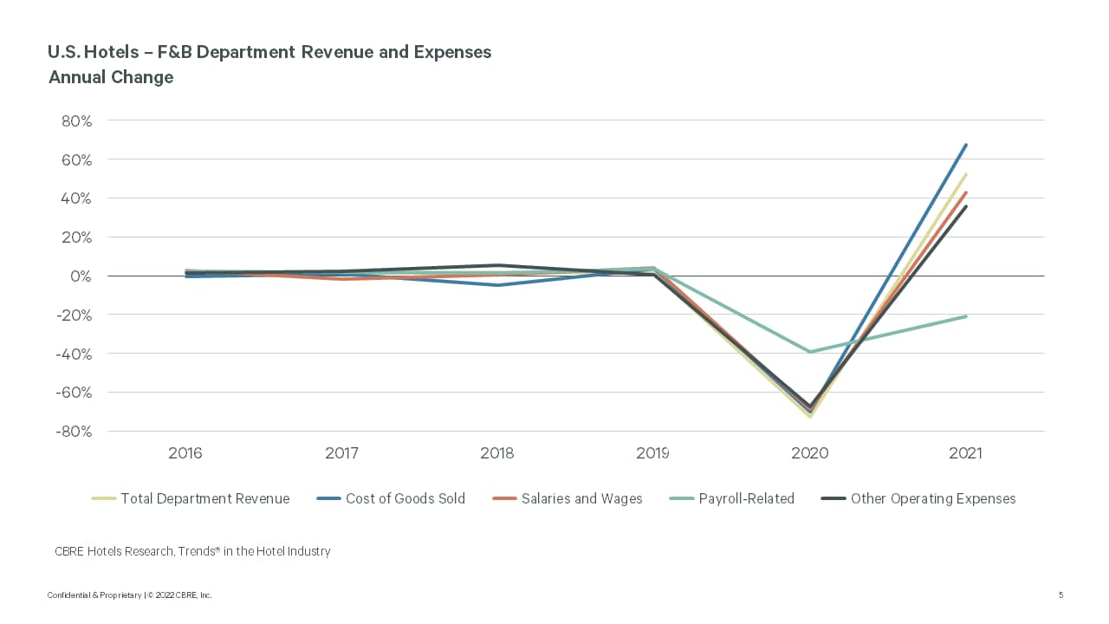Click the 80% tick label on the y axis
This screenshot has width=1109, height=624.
76,121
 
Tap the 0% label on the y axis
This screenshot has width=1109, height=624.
81,276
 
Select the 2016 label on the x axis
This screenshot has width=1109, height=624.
185,453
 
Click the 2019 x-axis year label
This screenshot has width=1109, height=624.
653,453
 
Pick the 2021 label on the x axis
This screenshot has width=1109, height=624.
965,453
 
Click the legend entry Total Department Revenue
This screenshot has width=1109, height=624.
204,498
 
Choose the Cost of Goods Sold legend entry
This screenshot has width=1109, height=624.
405,498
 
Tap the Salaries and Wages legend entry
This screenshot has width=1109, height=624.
581,498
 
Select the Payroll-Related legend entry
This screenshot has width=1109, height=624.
746,498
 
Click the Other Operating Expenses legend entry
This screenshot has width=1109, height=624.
932,498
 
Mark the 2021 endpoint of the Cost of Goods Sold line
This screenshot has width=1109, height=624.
966,145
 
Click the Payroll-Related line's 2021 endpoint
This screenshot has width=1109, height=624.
966,316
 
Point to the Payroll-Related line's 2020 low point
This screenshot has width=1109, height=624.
810,352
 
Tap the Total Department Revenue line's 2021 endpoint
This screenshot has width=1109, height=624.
966,174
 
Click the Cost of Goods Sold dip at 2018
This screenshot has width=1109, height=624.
497,285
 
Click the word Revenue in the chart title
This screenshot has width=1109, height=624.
332,52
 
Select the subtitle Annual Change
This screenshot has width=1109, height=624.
111,77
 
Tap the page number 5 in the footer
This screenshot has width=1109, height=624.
1060,595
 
